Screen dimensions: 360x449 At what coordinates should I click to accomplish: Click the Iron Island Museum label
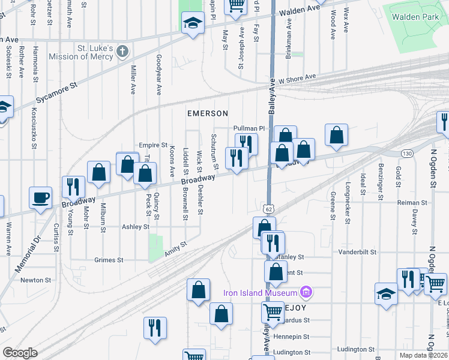click(x=261, y=293)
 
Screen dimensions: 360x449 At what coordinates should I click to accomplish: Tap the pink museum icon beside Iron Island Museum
click(x=306, y=293)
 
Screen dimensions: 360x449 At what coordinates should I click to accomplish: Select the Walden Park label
click(x=414, y=17)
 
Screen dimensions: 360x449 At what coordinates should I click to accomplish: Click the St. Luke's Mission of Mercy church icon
click(x=122, y=50)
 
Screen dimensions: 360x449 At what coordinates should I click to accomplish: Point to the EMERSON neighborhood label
click(x=207, y=113)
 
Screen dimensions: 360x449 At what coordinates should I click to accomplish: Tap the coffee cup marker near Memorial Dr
click(x=41, y=197)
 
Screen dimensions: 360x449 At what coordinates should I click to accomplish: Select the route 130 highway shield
click(x=407, y=154)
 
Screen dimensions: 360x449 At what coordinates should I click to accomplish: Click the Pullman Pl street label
click(x=249, y=128)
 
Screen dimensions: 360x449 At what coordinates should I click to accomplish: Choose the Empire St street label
click(x=152, y=145)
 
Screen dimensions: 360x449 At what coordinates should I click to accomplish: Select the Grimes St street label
click(x=109, y=260)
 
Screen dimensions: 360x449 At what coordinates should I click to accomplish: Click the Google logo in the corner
click(x=20, y=353)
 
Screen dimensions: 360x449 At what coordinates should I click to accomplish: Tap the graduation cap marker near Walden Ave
click(x=191, y=24)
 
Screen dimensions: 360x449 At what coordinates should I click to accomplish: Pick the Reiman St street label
click(x=412, y=203)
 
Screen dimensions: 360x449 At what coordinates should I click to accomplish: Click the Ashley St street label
click(x=135, y=227)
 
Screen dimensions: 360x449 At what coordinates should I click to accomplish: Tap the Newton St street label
click(x=35, y=280)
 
